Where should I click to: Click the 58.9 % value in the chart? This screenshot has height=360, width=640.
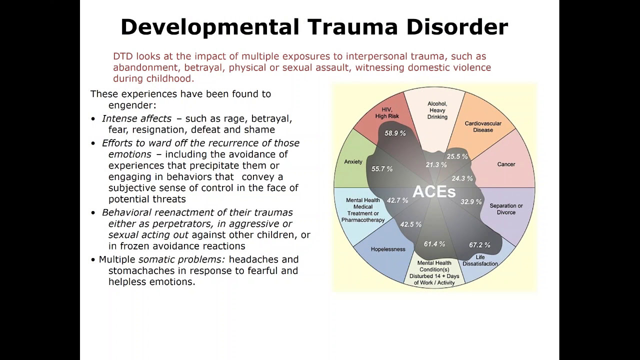(395, 133)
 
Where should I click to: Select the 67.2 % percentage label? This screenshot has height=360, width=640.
(479, 245)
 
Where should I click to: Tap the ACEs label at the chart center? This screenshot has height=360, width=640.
(434, 191)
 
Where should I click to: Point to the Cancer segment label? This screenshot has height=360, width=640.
(506, 164)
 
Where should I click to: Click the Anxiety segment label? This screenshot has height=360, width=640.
(353, 161)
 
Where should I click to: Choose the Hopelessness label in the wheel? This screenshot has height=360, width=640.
(388, 249)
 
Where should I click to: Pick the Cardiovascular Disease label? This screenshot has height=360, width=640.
(482, 126)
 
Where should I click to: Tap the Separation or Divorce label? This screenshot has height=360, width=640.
(506, 209)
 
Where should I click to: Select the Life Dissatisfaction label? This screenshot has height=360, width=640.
(480, 260)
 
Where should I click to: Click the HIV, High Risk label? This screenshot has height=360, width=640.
(386, 113)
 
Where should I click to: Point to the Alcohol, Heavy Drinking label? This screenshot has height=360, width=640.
(437, 110)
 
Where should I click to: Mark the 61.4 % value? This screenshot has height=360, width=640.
(434, 244)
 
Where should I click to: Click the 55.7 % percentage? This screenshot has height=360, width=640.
(382, 169)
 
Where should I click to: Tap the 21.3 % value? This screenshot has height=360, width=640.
(436, 164)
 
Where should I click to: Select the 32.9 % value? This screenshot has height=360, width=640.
(471, 202)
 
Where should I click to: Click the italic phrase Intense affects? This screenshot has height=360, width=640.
(136, 118)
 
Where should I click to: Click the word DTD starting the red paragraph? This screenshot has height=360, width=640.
(123, 56)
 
